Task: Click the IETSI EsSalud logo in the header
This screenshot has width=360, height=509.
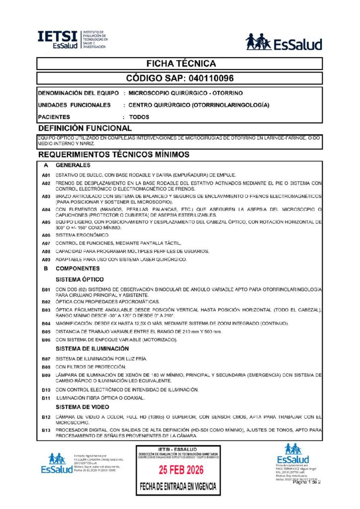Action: tap(72, 40)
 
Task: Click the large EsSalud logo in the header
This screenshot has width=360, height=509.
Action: tap(284, 42)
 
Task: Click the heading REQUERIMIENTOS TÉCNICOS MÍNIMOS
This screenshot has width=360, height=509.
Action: tap(114, 155)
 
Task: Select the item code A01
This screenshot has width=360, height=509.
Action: tap(46, 175)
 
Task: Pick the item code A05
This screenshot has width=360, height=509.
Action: tap(46, 222)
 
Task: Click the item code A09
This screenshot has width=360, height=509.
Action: tap(46, 259)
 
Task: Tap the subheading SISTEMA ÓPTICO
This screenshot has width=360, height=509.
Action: tap(80, 279)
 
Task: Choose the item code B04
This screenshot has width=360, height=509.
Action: tap(46, 323)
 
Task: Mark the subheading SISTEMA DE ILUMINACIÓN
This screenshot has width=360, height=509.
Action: tap(92, 348)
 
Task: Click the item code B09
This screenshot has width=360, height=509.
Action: tap(46, 374)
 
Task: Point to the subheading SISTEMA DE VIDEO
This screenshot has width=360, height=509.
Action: tap(82, 407)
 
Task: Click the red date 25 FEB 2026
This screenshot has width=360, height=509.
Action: tap(178, 470)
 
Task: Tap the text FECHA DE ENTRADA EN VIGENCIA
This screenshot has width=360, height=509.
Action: tap(178, 486)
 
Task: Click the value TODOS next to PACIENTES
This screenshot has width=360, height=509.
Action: tap(139, 117)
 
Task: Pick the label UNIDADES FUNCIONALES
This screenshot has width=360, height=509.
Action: tap(74, 105)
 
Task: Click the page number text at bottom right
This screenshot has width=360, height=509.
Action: tap(307, 482)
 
